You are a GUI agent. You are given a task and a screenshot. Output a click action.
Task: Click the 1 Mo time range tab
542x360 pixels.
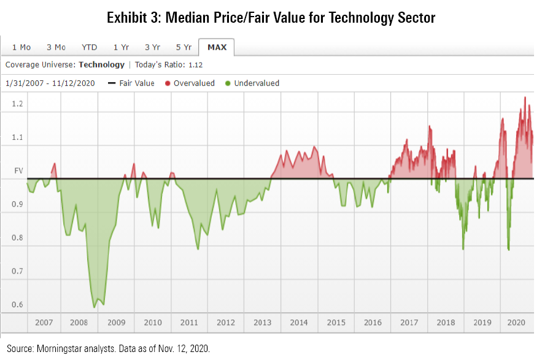pyautogui.click(x=21, y=47)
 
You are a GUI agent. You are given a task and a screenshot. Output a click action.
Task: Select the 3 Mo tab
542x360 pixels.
pyautogui.click(x=56, y=47)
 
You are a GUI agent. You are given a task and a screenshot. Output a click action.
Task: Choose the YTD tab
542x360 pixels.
pyautogui.click(x=90, y=47)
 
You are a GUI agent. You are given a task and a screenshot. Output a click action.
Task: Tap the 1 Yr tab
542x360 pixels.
pyautogui.click(x=121, y=47)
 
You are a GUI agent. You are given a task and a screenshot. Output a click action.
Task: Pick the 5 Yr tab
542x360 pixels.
pyautogui.click(x=184, y=47)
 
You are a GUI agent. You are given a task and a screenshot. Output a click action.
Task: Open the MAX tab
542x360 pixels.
pyautogui.click(x=217, y=47)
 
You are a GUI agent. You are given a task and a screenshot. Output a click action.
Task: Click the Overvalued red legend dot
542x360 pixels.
pyautogui.click(x=167, y=83)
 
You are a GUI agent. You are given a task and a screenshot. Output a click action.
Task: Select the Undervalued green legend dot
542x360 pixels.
pyautogui.click(x=228, y=83)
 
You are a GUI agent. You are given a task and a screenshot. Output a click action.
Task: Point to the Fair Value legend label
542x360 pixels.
pyautogui.click(x=137, y=83)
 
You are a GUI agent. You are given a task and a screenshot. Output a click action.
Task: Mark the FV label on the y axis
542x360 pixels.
pyautogui.click(x=18, y=172)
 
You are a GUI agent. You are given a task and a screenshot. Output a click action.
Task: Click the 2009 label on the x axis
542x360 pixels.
pyautogui.click(x=117, y=323)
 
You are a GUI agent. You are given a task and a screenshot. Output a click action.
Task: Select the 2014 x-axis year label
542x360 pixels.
pyautogui.click(x=299, y=323)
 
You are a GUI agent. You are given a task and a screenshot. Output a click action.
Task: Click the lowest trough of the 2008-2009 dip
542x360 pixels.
pyautogui.click(x=95, y=307)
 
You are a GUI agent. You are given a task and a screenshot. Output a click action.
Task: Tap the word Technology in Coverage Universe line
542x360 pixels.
pyautogui.click(x=101, y=65)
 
